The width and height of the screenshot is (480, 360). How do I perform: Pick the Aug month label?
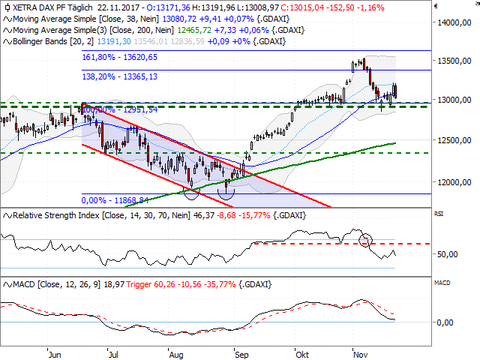tap(178, 351)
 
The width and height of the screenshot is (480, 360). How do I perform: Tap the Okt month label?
tap(302, 351)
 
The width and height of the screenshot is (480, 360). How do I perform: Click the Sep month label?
tap(241, 351)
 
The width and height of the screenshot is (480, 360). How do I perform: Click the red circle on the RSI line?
tap(365, 241)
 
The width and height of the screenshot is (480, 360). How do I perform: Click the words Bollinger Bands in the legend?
tap(37, 41)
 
